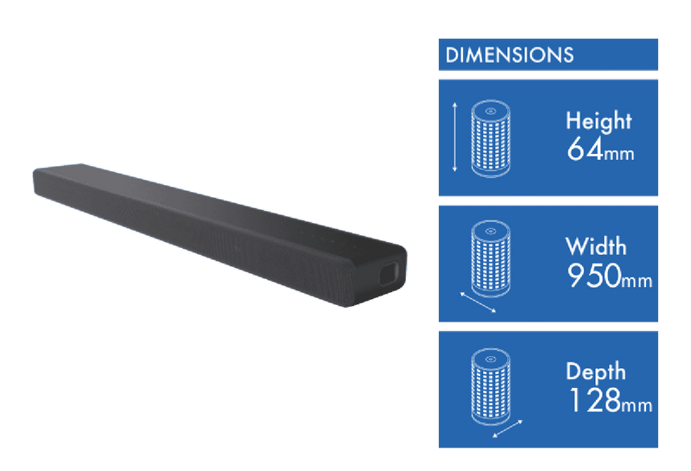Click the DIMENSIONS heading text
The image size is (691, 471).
click(x=510, y=55)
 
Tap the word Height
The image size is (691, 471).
click(x=599, y=120)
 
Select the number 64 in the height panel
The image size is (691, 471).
click(x=585, y=149)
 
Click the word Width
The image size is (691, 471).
click(x=595, y=246)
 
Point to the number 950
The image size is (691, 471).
click(x=593, y=276)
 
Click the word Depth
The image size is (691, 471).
click(x=596, y=372)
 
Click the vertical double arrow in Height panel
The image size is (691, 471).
click(x=455, y=137)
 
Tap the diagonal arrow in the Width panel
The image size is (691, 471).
click(x=479, y=302)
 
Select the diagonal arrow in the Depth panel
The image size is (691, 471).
click(x=507, y=429)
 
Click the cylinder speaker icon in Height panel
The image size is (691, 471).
click(x=491, y=138)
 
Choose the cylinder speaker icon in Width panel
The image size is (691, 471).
click(x=491, y=259)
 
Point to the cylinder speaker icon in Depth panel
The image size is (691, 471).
click(x=491, y=387)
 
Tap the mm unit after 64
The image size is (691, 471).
click(x=618, y=155)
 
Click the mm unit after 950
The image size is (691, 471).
click(x=637, y=281)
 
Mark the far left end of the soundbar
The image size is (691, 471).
click(x=34, y=181)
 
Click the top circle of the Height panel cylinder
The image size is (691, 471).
click(x=491, y=111)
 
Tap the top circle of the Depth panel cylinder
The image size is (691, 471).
click(x=491, y=359)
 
